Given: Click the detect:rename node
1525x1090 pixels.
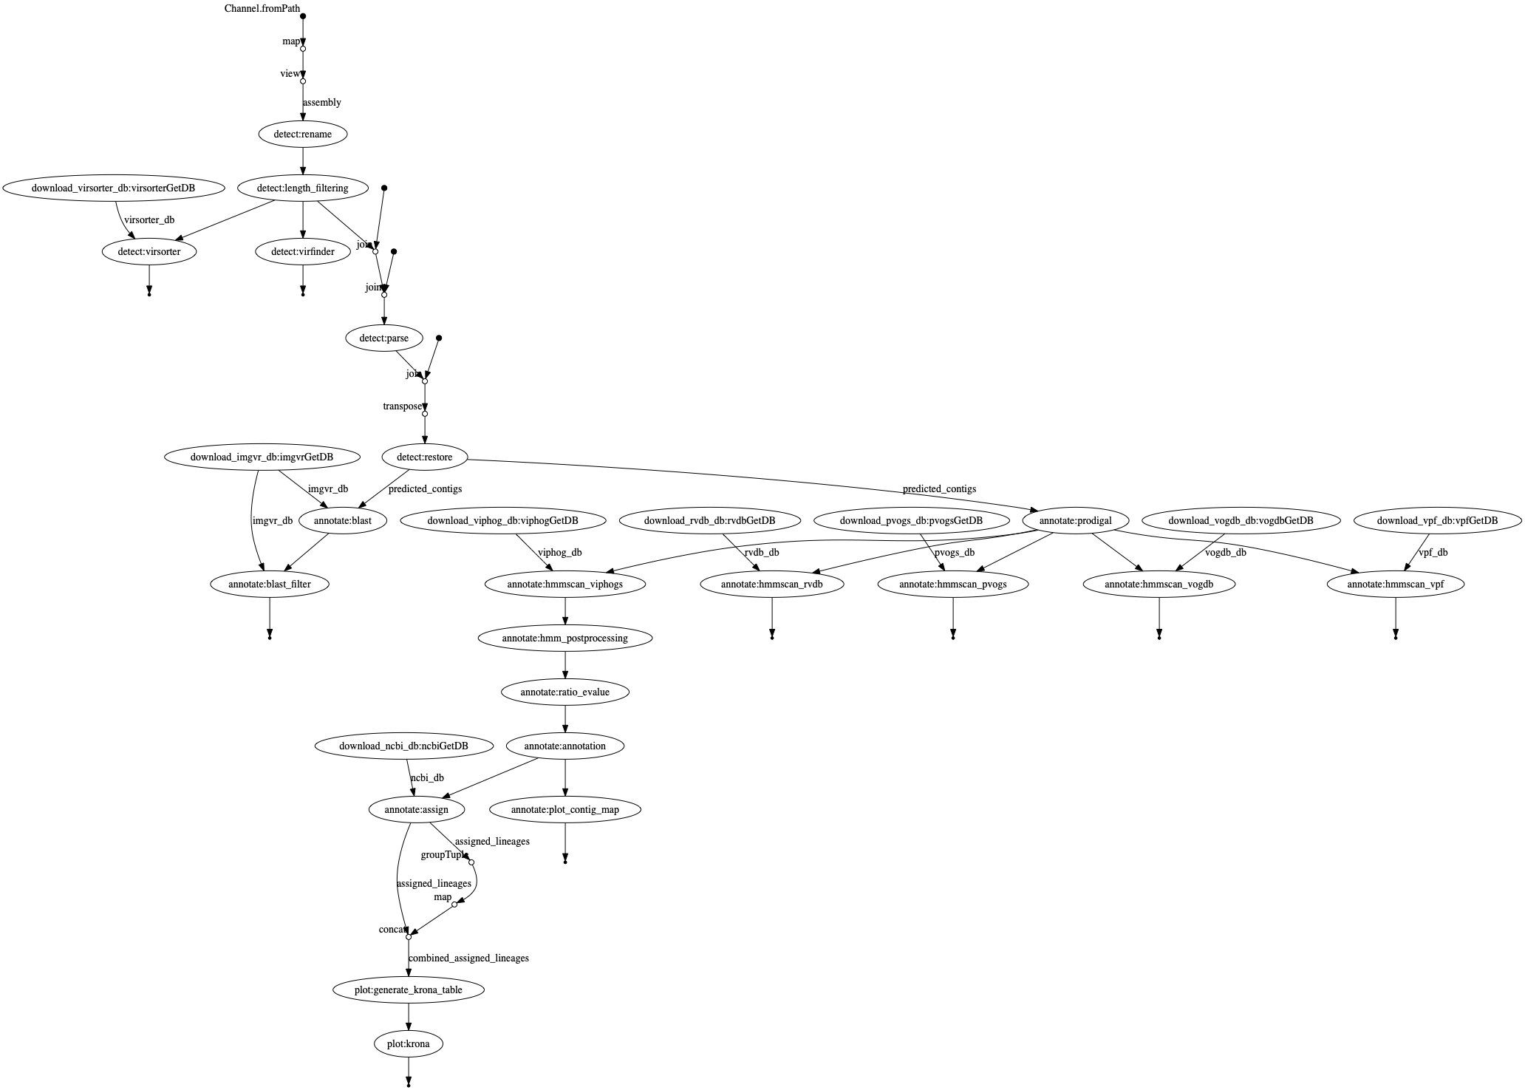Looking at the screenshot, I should tap(303, 134).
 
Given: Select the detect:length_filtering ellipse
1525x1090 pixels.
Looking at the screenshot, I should tap(303, 188).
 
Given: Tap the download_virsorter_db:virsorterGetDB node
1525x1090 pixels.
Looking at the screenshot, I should tap(113, 188).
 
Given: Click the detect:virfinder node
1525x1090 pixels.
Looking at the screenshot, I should tap(303, 252).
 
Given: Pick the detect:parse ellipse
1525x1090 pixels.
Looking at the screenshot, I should tap(383, 338).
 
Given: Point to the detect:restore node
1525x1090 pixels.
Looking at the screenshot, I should tap(425, 457).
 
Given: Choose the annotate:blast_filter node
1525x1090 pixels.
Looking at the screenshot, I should tap(270, 585).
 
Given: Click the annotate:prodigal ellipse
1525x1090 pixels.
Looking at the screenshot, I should tap(1075, 521).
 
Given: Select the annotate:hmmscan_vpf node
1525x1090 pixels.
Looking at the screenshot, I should tap(1395, 585).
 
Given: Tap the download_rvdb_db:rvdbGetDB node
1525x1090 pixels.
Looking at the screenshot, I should tap(709, 521).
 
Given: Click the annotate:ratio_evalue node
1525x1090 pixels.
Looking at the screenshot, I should tap(565, 692).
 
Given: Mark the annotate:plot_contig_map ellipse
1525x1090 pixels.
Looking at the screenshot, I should tap(565, 810).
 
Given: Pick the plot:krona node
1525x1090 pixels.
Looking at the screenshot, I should tap(408, 1044).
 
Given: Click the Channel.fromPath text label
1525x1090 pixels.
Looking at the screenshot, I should tap(262, 9).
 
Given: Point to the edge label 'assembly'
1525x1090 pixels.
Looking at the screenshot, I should tap(322, 103).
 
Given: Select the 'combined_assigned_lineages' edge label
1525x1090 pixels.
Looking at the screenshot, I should tap(468, 958).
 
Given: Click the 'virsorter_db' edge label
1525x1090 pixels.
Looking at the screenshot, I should tap(149, 220).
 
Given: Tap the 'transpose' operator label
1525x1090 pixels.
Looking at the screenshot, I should tap(402, 406).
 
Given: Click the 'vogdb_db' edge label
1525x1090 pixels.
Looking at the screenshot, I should tap(1225, 553).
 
